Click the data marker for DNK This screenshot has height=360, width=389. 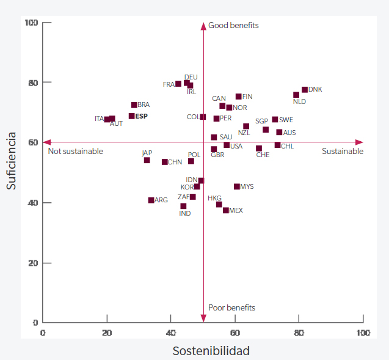coord(305,90)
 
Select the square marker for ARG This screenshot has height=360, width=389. coord(151,200)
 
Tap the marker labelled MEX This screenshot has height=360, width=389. coord(226,210)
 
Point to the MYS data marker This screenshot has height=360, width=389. coord(237,186)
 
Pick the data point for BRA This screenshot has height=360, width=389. coord(134,105)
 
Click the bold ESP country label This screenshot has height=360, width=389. coord(142,116)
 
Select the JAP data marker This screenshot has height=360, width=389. coord(147,160)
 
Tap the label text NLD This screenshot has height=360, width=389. coord(299,101)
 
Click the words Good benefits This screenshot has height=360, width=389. coord(233,26)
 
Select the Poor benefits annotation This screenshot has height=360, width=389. coord(231,307)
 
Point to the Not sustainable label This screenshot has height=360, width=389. coord(75,151)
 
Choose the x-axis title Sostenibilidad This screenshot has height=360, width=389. coord(211,351)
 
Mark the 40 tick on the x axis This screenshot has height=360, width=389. coord(171,332)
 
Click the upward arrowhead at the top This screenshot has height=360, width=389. coord(203,26)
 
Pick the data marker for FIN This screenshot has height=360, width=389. coord(239,97)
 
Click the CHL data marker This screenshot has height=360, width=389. coord(278,145)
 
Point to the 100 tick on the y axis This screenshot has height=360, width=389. coord(31,23)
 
